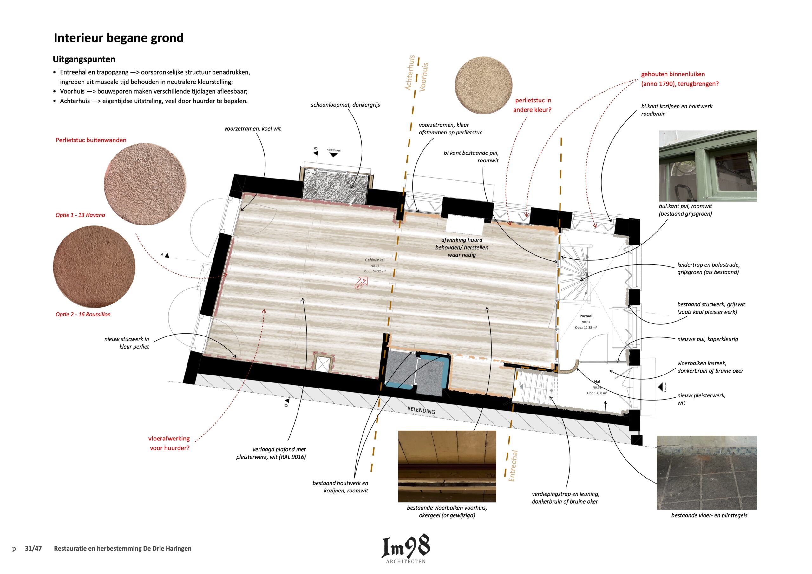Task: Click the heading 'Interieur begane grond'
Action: click(x=119, y=38)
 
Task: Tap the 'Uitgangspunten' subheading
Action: click(x=84, y=59)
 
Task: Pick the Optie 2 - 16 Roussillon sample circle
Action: click(x=94, y=266)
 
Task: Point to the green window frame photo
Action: click(x=708, y=166)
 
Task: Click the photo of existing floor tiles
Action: click(x=707, y=473)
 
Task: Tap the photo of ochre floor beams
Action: click(x=447, y=466)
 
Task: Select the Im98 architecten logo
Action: click(x=406, y=549)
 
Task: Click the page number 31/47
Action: click(x=33, y=549)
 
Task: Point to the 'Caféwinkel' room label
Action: click(x=375, y=260)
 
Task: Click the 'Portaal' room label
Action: click(x=586, y=316)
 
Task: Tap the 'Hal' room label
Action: click(x=597, y=382)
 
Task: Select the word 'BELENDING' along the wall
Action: click(x=421, y=410)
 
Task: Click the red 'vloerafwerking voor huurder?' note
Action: click(x=169, y=443)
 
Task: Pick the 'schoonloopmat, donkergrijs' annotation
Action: click(x=345, y=105)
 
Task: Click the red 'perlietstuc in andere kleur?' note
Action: click(x=532, y=105)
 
